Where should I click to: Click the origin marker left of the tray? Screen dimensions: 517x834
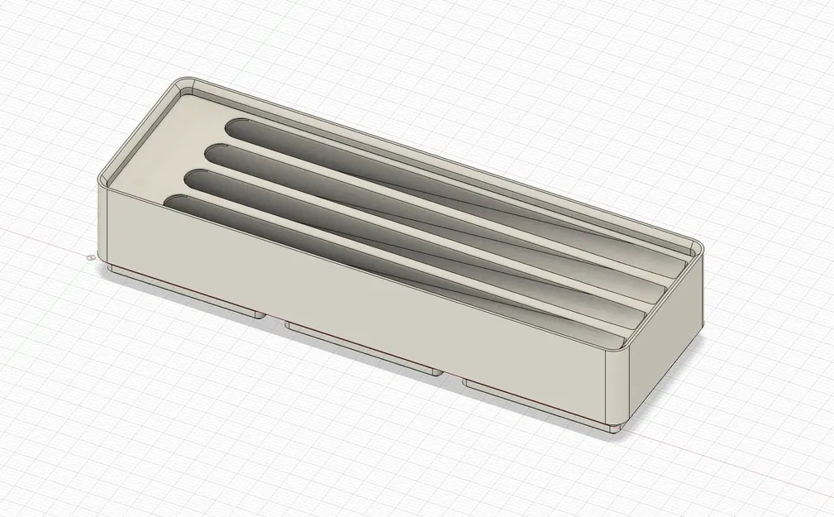point(88,257)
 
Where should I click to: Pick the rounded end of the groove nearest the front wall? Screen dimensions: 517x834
point(174,201)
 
